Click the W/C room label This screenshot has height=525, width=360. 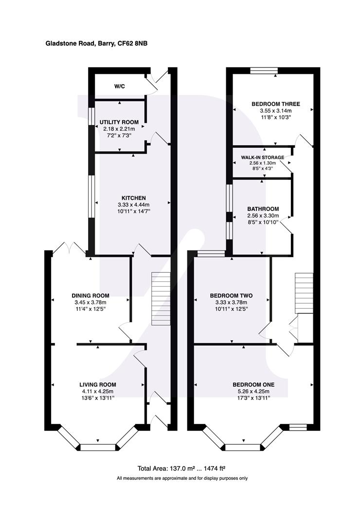coord(120,87)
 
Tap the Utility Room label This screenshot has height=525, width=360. coord(119,122)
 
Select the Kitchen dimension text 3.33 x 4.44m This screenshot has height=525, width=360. coord(133,205)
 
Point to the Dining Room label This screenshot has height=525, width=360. coord(90,296)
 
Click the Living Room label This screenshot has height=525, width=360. coord(98,385)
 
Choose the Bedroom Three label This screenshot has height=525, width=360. coord(276,104)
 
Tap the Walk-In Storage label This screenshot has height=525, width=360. coord(262,157)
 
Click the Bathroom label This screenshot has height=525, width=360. coord(263,209)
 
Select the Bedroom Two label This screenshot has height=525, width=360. coord(231,296)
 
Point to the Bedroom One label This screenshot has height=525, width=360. coord(253,385)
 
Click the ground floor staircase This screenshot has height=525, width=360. coord(161,298)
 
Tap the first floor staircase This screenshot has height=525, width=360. coord(304,293)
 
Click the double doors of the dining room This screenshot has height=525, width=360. coord(70,248)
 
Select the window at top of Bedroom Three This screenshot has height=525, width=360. coord(264,70)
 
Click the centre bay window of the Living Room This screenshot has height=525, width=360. coord(98,447)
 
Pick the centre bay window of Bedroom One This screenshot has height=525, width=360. coord(243,447)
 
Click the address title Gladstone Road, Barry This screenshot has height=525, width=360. coord(80,44)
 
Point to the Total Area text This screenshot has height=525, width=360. coord(183,469)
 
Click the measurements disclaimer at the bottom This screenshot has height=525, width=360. coord(182,478)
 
